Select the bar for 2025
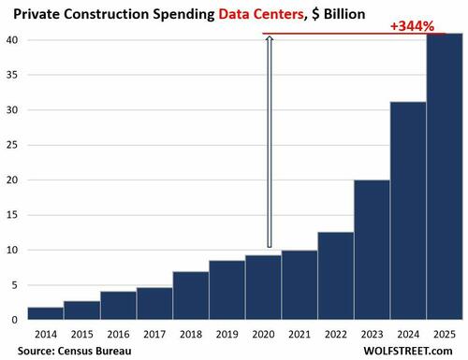[443, 177]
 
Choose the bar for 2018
[191, 295]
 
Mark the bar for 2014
[46, 313]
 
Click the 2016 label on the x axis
[118, 333]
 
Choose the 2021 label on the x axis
[299, 333]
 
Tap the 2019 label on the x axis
[227, 333]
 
